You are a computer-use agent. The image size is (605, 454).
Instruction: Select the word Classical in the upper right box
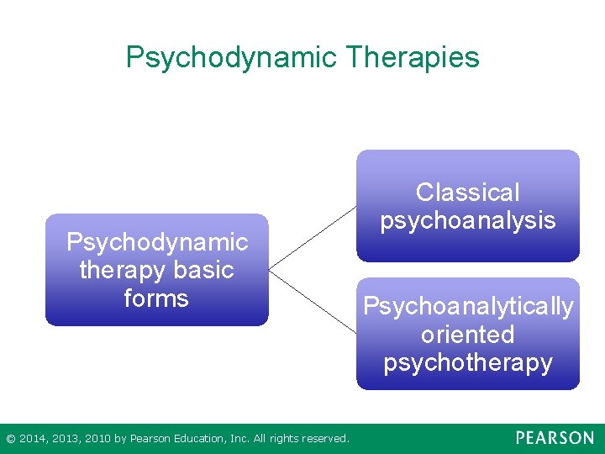pyautogui.click(x=468, y=193)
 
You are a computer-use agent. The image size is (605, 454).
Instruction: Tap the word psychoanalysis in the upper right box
pyautogui.click(x=468, y=220)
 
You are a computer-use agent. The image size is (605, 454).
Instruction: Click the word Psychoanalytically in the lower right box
pyautogui.click(x=468, y=306)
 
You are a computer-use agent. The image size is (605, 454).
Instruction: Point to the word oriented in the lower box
pyautogui.click(x=468, y=335)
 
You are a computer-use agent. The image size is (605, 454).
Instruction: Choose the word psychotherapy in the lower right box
pyautogui.click(x=468, y=362)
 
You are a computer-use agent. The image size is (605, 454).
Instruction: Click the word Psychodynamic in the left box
pyautogui.click(x=157, y=242)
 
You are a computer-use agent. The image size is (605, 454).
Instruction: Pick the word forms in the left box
pyautogui.click(x=156, y=298)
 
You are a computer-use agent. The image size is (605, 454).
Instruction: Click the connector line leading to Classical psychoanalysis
pyautogui.click(x=313, y=238)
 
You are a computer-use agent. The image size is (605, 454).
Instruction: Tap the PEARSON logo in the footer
pyautogui.click(x=555, y=438)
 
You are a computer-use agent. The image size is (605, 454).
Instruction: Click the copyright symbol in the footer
pyautogui.click(x=10, y=438)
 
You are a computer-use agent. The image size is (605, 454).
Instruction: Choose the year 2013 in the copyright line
pyautogui.click(x=66, y=438)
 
